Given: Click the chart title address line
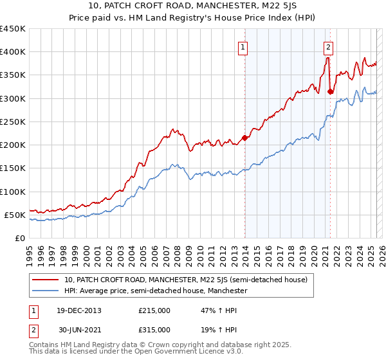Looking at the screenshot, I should coord(192,6).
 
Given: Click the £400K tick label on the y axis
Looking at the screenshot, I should coord(13,52).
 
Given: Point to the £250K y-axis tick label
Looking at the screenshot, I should coord(13,122).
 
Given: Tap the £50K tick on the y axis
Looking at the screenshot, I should coord(15,215).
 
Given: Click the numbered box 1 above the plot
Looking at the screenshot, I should coord(244,46).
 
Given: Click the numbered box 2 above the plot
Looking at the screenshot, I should coord(328,46).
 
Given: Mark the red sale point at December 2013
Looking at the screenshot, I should coord(244,138).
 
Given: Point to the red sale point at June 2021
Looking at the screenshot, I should coord(330,91).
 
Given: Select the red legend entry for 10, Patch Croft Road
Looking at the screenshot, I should coord(186,280).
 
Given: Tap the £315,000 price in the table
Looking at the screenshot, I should coord(154,331).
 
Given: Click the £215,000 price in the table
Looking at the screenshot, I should coord(154,310).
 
